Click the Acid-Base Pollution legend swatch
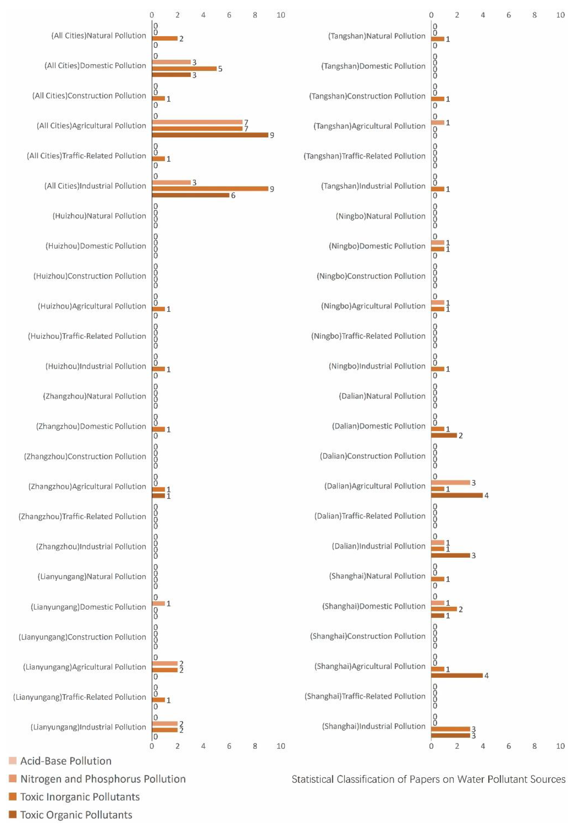tap(13, 761)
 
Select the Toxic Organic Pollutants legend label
tap(76, 815)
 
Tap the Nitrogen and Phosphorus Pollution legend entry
tap(103, 779)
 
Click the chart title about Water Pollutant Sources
tap(428, 779)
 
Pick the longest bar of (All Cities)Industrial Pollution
tap(210, 189)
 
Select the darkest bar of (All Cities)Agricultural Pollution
tap(210, 135)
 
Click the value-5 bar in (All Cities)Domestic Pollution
tap(184, 68)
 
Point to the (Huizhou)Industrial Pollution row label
tap(96, 366)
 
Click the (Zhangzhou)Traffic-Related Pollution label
tap(82, 516)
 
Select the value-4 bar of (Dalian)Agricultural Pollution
tap(457, 495)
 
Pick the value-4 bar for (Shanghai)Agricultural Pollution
tap(457, 675)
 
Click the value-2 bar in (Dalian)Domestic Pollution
tap(444, 435)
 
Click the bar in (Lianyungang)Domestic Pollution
tap(158, 603)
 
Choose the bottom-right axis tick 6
tap(509, 746)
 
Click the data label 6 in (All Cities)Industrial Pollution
tap(233, 195)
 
